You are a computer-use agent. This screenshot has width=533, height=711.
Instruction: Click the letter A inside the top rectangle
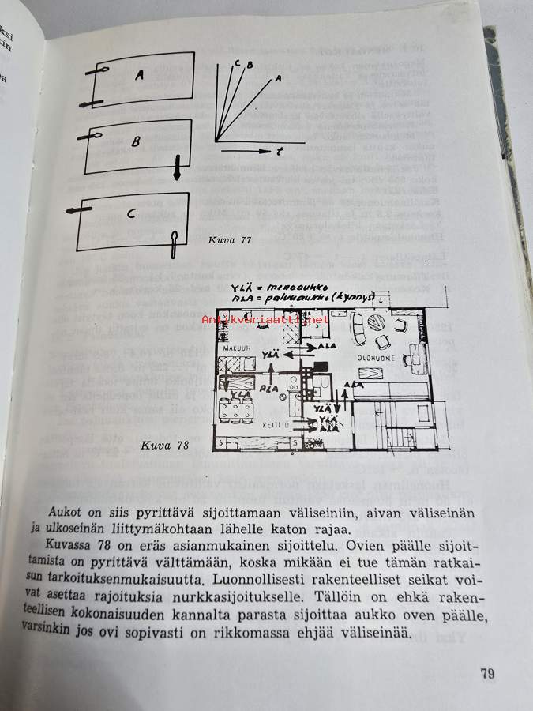pyautogui.click(x=139, y=75)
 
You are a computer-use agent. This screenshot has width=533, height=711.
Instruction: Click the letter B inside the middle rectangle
pyautogui.click(x=136, y=143)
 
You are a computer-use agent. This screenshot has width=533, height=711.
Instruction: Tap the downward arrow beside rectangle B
pyautogui.click(x=177, y=167)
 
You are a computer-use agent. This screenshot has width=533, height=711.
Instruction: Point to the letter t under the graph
pyautogui.click(x=279, y=149)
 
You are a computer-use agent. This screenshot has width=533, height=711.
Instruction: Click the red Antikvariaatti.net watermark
pyautogui.click(x=265, y=320)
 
